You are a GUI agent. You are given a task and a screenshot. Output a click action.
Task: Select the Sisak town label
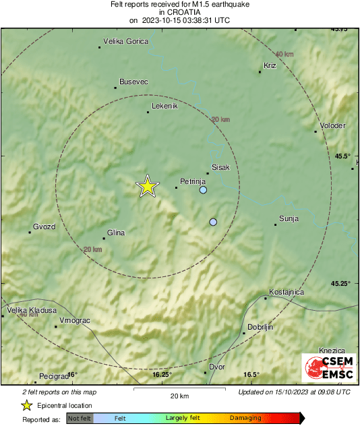click(x=221, y=166)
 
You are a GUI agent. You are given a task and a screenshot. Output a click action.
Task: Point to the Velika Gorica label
click(x=125, y=42)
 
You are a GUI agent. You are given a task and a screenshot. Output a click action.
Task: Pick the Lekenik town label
click(x=164, y=106)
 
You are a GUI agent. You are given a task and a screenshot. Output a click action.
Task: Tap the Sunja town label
click(x=289, y=218)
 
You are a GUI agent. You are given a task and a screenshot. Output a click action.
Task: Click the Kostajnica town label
click(x=287, y=292)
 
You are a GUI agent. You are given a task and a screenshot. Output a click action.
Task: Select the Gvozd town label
click(x=44, y=226)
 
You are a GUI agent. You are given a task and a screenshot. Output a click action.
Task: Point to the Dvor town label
click(x=216, y=367)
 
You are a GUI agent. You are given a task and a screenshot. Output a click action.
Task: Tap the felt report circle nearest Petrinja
click(x=204, y=191)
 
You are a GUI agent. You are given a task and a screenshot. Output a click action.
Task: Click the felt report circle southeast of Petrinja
click(x=214, y=222)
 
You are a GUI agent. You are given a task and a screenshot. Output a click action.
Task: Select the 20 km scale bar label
click(x=179, y=396)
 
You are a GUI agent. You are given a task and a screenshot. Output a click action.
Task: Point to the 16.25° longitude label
click(x=162, y=375)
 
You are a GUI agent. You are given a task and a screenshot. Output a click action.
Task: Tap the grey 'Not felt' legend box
click(x=80, y=418)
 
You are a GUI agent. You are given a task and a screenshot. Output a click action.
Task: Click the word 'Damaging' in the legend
click(x=245, y=418)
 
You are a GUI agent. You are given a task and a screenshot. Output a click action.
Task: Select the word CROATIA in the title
click(x=179, y=12)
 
